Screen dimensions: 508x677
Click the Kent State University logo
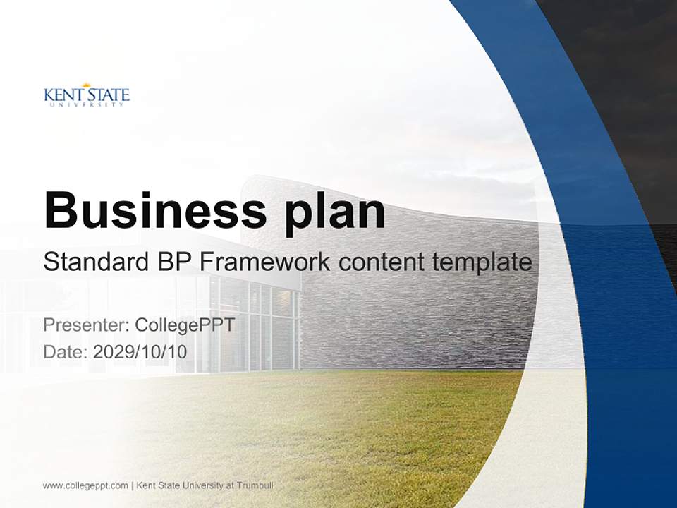(x=86, y=95)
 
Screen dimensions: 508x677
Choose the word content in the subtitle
(x=382, y=262)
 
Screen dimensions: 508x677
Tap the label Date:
(x=65, y=352)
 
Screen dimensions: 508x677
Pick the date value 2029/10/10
(x=140, y=352)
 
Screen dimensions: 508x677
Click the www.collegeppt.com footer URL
(x=85, y=486)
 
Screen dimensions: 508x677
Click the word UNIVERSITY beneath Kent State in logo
(x=86, y=105)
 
